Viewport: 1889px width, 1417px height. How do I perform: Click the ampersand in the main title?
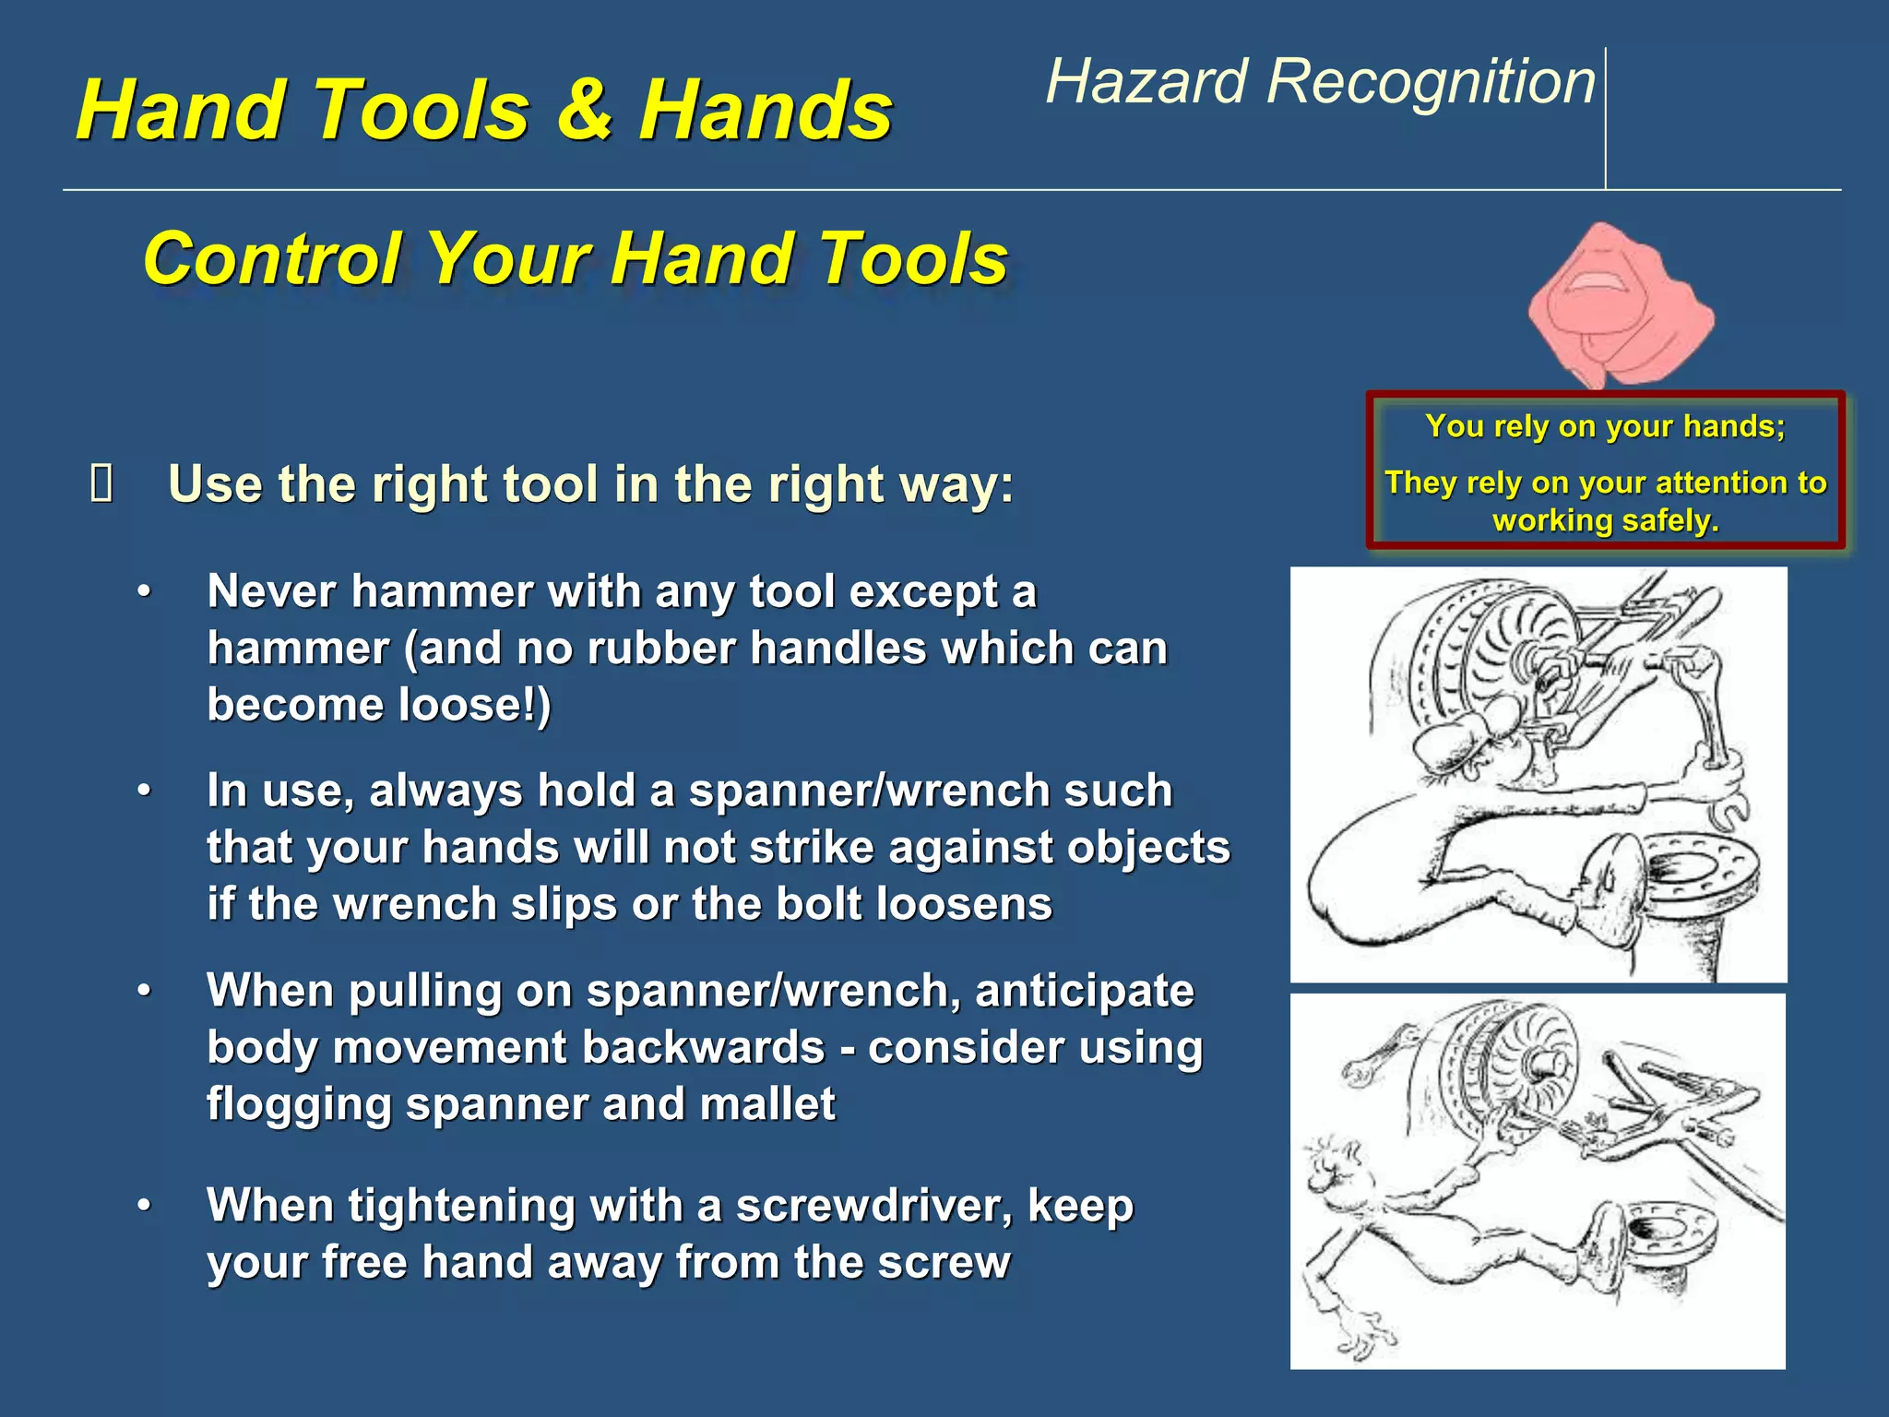click(585, 111)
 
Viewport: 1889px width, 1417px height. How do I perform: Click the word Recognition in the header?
click(1431, 81)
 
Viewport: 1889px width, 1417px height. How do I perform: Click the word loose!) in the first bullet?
click(474, 706)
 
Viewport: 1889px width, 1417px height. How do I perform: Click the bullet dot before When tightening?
click(144, 1207)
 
